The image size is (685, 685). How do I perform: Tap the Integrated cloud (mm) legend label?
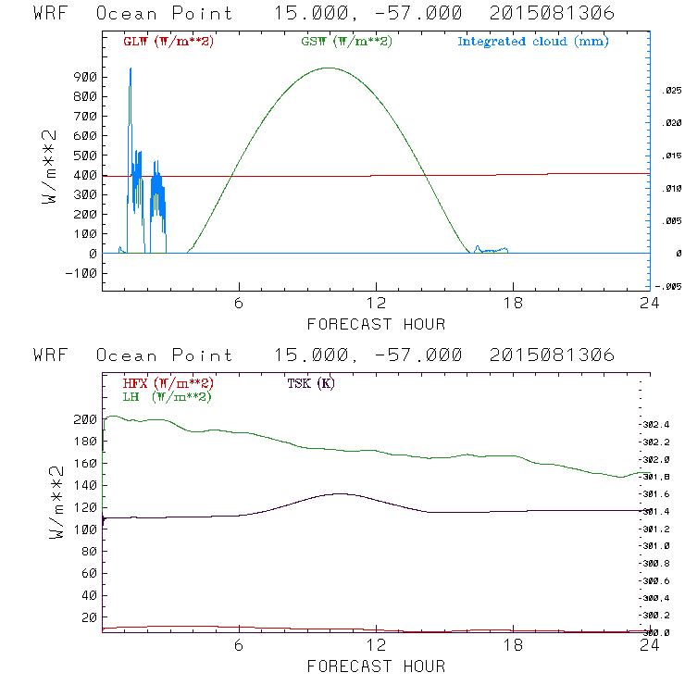tap(531, 42)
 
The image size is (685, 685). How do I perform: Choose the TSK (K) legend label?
tap(309, 383)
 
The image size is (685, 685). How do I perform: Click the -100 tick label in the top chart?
tap(81, 273)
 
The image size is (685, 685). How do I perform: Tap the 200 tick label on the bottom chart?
tap(83, 419)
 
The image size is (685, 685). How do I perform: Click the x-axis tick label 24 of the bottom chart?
tap(649, 646)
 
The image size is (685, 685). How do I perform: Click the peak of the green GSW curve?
tap(328, 68)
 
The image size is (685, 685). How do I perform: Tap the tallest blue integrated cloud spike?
tap(131, 69)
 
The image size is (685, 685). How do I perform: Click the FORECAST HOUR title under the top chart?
tap(376, 324)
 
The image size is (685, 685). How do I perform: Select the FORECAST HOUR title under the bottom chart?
tap(376, 666)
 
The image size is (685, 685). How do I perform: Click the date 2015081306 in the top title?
tap(553, 14)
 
